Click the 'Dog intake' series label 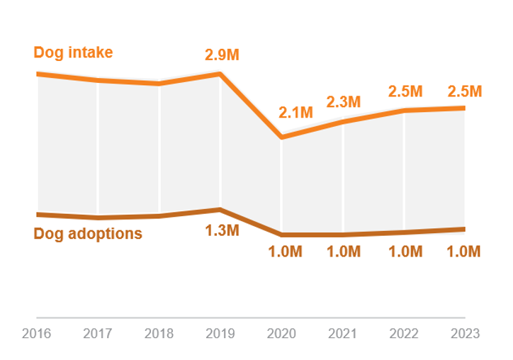point(73,52)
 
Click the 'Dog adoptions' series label point(88,233)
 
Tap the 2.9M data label point(222,54)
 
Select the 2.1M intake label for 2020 point(295,112)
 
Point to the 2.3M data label point(344,102)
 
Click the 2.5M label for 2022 point(405,91)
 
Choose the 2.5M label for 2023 point(465,91)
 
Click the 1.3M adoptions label point(222,230)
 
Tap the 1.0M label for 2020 point(285,252)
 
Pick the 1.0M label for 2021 point(344,252)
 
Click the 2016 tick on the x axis point(36,334)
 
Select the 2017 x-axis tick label point(98,334)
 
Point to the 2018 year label point(159,334)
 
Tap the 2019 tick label point(220,334)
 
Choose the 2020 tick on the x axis point(281,334)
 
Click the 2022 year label point(404,334)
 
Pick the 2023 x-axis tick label point(465,334)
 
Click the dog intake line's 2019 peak point(220,73)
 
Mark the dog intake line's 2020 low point point(282,137)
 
